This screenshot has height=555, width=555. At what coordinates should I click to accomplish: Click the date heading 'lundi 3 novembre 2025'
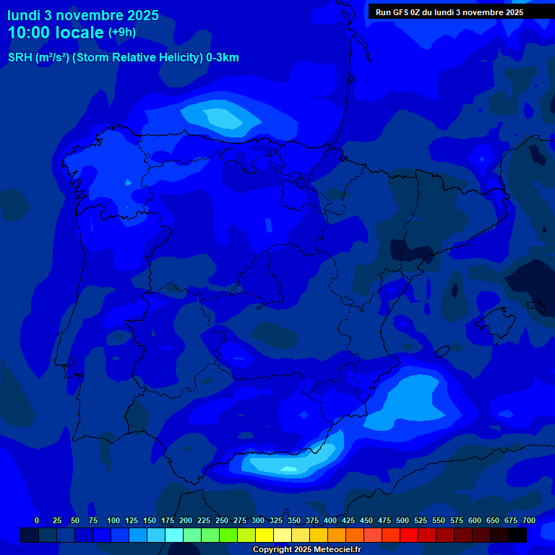(x=83, y=15)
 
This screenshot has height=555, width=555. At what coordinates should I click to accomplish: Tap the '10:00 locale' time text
(x=56, y=33)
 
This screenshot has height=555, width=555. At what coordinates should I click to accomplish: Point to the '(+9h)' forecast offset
(x=122, y=33)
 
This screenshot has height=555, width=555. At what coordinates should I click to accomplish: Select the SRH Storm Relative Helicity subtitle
(x=123, y=58)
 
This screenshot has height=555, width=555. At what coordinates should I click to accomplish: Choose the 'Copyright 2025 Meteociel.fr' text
(x=306, y=550)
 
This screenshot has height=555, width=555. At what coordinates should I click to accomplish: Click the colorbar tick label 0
(x=37, y=520)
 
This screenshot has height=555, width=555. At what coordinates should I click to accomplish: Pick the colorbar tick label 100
(x=113, y=520)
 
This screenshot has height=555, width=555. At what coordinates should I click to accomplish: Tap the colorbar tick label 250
(x=222, y=520)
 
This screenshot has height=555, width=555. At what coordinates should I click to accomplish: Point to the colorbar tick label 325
(x=276, y=520)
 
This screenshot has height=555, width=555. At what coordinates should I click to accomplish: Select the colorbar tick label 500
(x=403, y=520)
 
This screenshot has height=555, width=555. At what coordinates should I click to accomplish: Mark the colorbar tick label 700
(x=529, y=520)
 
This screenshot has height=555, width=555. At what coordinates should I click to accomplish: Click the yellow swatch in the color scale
(x=264, y=535)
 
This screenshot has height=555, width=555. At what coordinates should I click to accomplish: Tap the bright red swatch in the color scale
(x=409, y=535)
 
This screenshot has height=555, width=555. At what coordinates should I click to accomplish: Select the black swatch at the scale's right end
(x=517, y=535)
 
